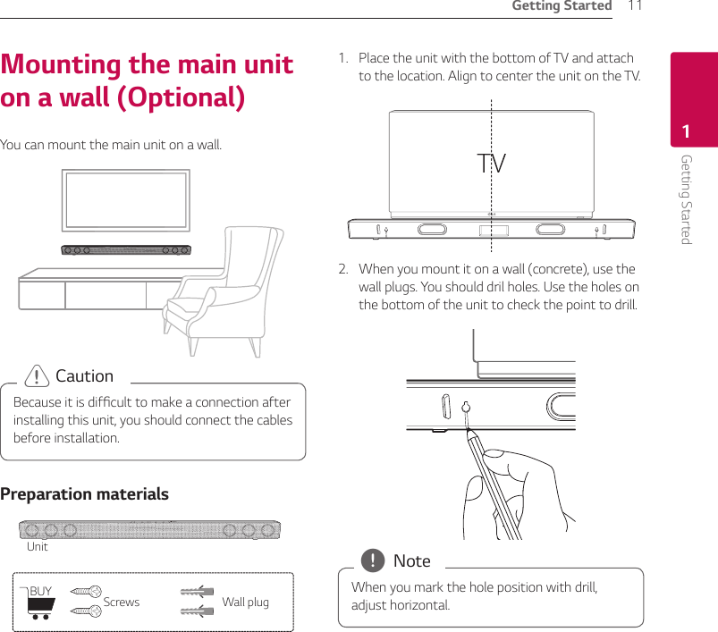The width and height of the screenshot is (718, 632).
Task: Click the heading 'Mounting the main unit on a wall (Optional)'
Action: pos(148,80)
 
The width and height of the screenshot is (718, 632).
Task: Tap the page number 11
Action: pos(635,7)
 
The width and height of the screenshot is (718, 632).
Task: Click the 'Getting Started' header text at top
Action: pos(561,7)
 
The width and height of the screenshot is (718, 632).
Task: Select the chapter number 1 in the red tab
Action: pos(686,132)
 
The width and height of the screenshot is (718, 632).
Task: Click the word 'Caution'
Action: pos(84,376)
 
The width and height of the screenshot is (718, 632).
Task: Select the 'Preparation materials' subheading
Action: pos(85,494)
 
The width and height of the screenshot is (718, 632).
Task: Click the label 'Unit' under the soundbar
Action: pos(38,546)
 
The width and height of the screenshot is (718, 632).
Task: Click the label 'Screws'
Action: pos(122,603)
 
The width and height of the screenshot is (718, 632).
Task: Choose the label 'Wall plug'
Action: pos(245,603)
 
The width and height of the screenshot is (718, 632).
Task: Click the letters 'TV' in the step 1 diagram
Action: pos(491,164)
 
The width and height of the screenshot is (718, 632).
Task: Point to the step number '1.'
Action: pos(342,58)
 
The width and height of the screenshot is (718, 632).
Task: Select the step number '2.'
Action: pos(343,269)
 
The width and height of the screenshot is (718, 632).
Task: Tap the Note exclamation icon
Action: pos(370,561)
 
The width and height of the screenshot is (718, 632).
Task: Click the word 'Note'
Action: pos(411,561)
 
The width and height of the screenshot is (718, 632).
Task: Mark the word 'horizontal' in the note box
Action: pos(419,605)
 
